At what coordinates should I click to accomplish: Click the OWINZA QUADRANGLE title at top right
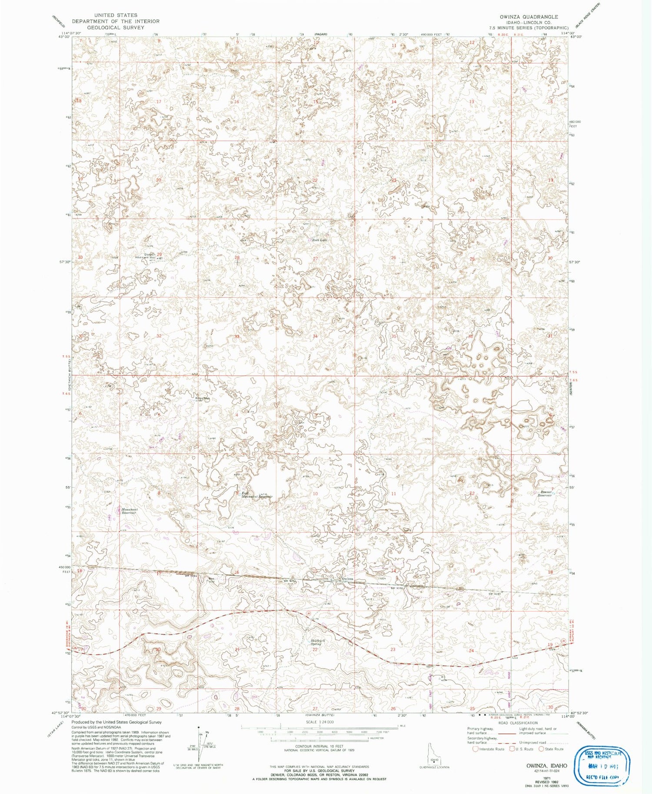pos(529,17)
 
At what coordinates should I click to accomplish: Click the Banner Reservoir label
pos(544,493)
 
